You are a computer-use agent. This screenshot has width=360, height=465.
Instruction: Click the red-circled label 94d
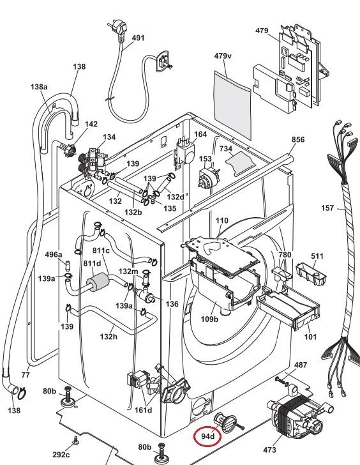207,436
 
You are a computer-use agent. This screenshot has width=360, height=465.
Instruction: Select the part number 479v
223,56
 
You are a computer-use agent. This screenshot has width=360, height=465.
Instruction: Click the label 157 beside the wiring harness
327,208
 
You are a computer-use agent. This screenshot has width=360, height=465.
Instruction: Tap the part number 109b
209,319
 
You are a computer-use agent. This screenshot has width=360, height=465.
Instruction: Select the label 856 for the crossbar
298,139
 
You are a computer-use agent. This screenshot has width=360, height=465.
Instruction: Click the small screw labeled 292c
75,441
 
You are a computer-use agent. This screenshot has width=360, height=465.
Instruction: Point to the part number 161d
143,410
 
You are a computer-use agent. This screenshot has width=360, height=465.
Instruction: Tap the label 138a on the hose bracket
39,87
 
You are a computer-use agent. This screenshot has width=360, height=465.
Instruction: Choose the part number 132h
109,336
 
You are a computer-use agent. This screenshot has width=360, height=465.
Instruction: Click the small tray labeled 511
311,275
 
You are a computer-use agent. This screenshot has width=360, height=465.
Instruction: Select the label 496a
54,254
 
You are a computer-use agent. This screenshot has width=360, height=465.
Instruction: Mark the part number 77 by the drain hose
26,375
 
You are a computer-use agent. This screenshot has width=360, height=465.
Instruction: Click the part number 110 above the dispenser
222,220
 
